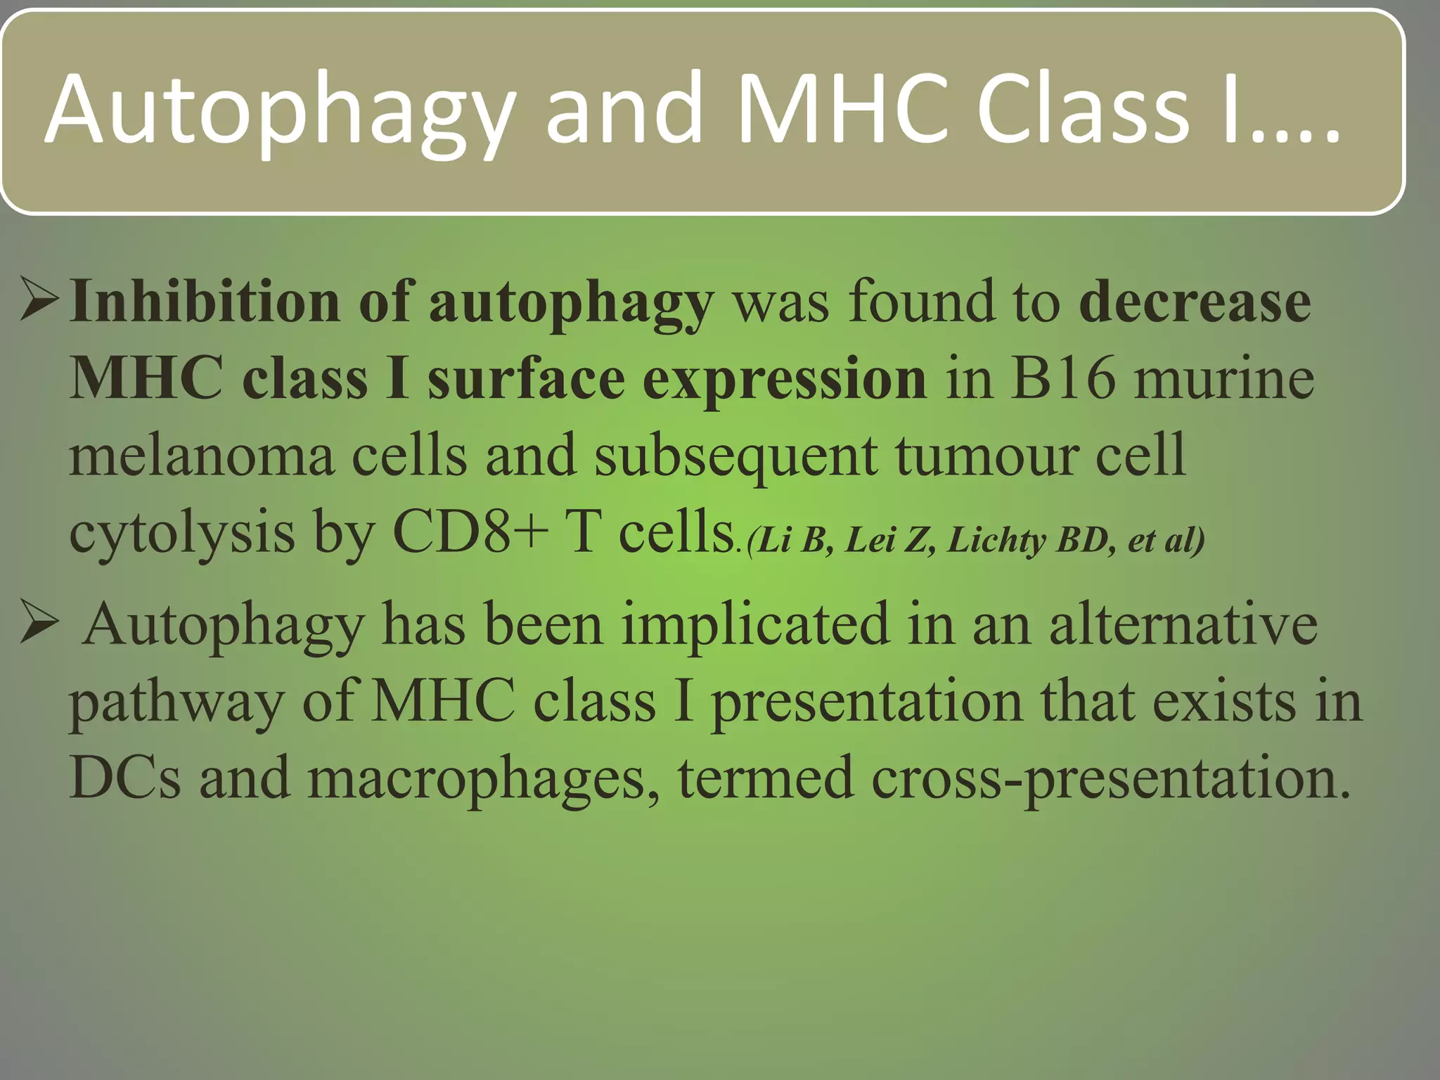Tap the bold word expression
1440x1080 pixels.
[x=784, y=378]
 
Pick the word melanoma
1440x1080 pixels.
[x=201, y=456]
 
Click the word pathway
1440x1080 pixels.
[x=176, y=702]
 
